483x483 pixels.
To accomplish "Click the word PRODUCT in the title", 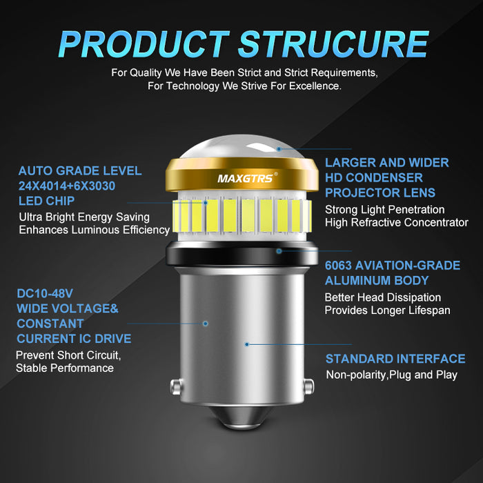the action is click(x=144, y=44).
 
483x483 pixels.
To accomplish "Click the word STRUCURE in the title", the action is click(x=333, y=44).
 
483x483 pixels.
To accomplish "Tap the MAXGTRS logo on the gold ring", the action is click(x=246, y=178).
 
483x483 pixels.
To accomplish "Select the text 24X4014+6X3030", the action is click(x=67, y=186).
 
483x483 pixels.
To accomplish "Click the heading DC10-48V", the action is click(x=45, y=293).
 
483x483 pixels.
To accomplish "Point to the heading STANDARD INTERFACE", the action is click(x=395, y=359).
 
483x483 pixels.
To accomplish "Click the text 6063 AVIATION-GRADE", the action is click(x=393, y=265).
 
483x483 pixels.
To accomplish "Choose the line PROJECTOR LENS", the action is click(x=380, y=193).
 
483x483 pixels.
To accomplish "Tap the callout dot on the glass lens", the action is click(x=279, y=149).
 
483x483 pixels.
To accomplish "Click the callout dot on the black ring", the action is click(x=279, y=251).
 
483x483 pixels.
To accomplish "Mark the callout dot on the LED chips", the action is click(x=206, y=203).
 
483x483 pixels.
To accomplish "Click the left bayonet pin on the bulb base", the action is click(x=177, y=386).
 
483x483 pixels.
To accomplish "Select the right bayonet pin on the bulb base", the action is click(x=308, y=386).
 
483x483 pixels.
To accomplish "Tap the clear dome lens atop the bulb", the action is click(x=241, y=146).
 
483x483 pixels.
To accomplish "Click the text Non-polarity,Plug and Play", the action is click(x=391, y=375).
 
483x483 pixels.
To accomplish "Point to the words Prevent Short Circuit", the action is click(x=68, y=355).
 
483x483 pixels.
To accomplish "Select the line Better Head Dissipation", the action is click(x=383, y=297).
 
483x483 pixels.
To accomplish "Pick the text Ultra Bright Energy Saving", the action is click(x=84, y=217).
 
